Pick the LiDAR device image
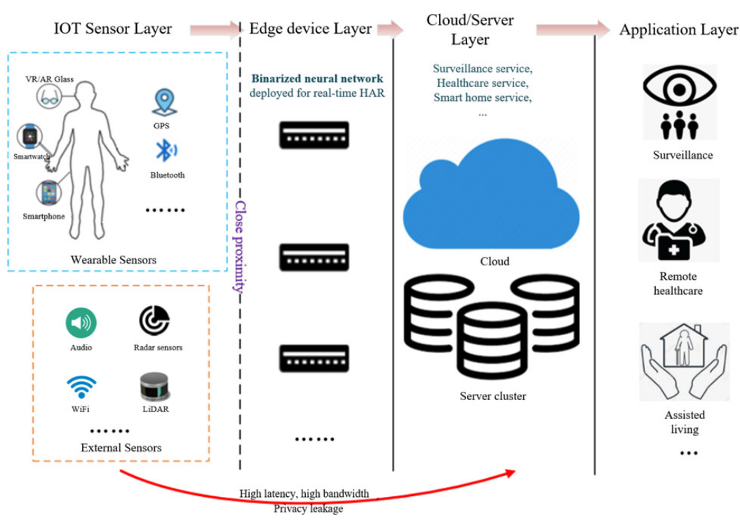pos(154,385)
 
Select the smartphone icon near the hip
pos(48,191)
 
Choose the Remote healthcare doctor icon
pos(678,220)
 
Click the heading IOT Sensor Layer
pos(112,29)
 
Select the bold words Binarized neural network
pos(318,78)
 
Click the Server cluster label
pos(492,396)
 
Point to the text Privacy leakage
pos(309,508)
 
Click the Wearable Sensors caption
pos(114,260)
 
